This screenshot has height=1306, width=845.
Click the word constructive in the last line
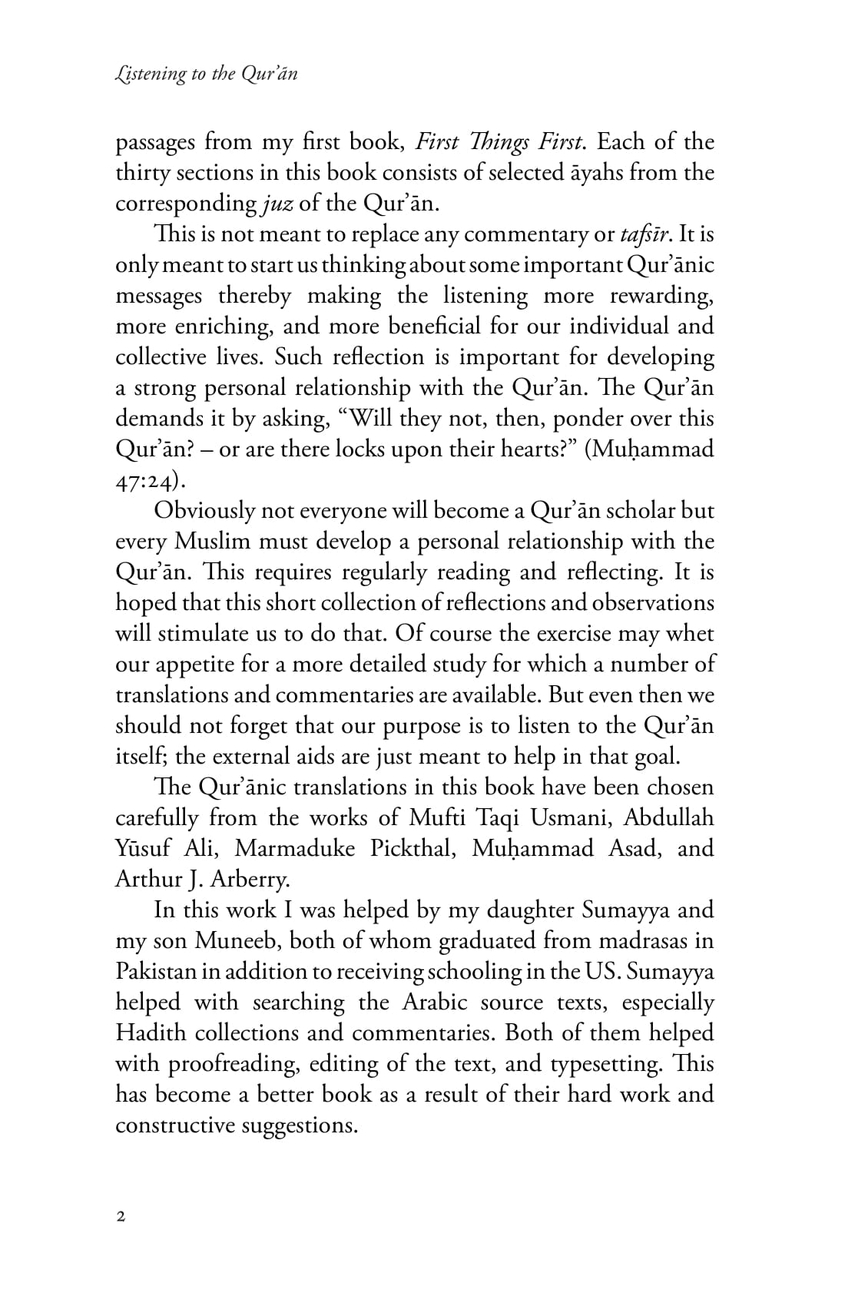pyautogui.click(x=175, y=1126)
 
